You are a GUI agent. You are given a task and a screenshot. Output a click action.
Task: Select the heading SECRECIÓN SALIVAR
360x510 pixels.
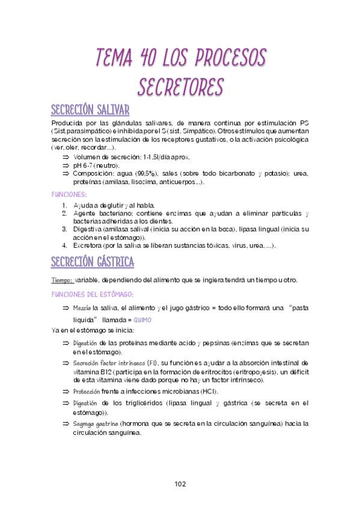[90, 110]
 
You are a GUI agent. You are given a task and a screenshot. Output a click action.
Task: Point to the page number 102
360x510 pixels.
[180, 484]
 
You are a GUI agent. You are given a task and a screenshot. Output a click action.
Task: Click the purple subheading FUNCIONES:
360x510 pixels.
[69, 194]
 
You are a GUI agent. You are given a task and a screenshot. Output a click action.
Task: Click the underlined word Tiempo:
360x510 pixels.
[63, 280]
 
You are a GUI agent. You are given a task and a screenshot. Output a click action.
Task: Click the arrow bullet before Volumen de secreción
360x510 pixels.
[66, 157]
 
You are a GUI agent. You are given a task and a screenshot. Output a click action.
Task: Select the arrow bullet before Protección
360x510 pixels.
[66, 391]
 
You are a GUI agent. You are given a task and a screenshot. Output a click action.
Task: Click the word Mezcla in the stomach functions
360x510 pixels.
[82, 307]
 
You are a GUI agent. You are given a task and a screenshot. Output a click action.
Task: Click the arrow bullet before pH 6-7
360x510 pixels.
[66, 165]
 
